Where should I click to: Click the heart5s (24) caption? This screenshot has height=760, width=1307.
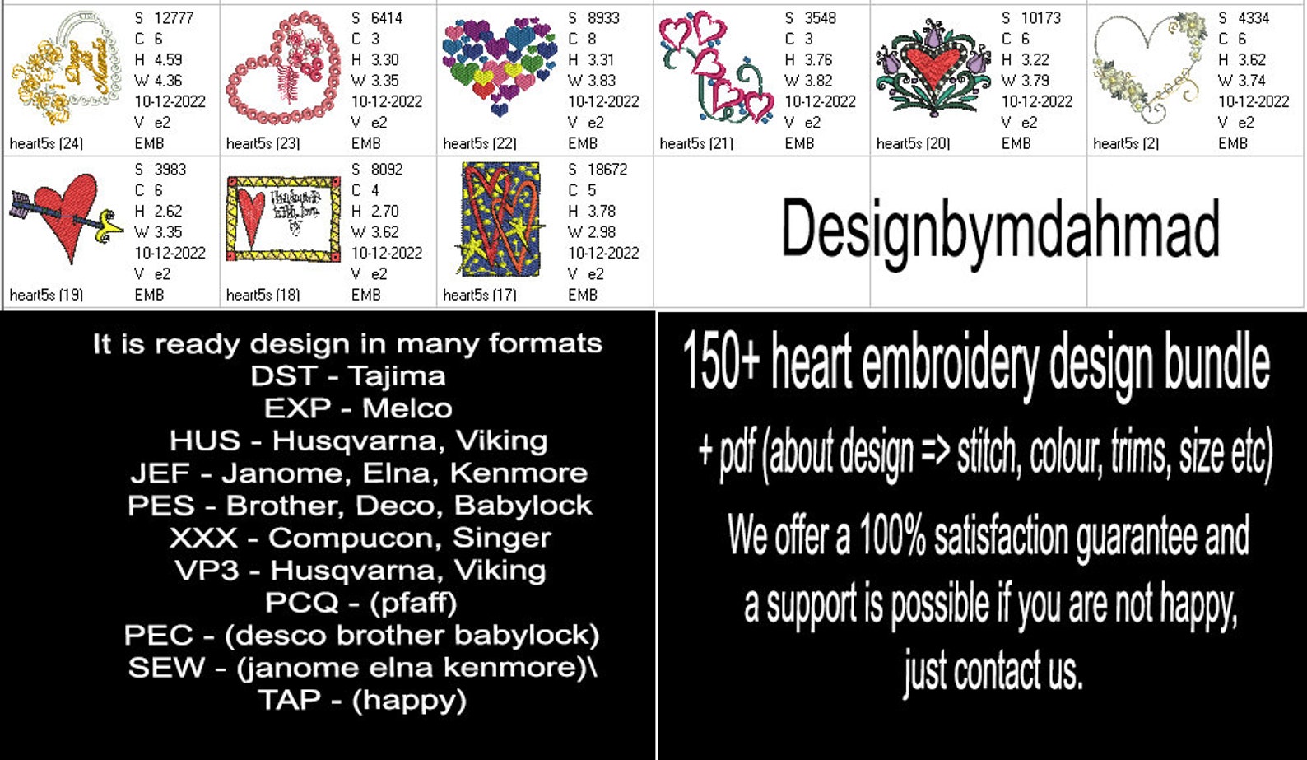46,143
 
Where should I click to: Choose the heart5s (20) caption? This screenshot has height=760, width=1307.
913,143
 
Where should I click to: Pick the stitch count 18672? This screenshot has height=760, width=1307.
607,169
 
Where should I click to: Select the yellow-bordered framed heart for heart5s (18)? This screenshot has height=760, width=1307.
283,218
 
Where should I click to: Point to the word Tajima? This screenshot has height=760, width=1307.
396,376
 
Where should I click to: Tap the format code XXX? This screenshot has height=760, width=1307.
202,538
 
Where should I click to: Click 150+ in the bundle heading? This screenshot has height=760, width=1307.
720,362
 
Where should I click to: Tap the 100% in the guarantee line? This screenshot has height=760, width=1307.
892,536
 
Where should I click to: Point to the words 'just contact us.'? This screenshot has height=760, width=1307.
993,671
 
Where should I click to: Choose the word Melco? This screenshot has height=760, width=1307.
407,408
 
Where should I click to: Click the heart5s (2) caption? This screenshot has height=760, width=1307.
1125,143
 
